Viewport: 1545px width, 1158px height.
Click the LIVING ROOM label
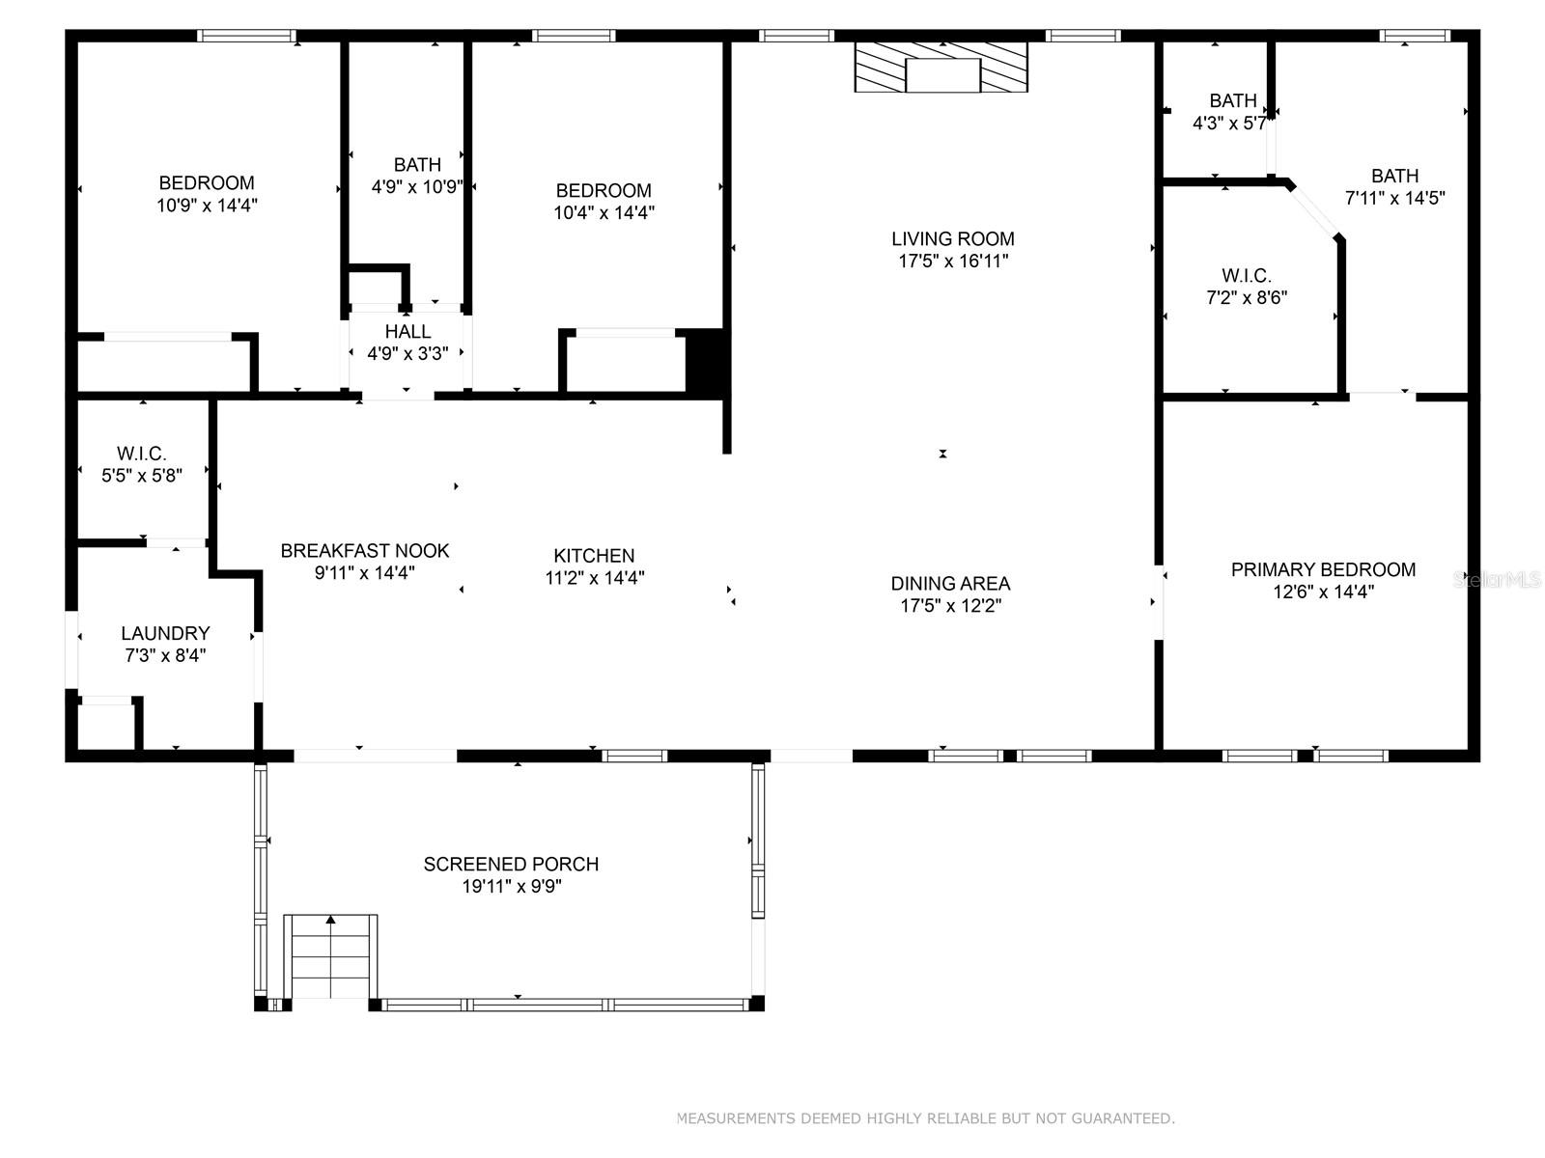click(x=952, y=239)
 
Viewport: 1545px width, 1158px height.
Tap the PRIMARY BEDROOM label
click(x=1323, y=569)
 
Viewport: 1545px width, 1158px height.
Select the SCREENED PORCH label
click(x=511, y=864)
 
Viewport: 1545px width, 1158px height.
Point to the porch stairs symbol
click(x=330, y=955)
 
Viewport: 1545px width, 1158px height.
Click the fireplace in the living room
click(x=941, y=67)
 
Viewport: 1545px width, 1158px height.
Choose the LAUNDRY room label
click(x=165, y=633)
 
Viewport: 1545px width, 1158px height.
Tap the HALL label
click(x=407, y=331)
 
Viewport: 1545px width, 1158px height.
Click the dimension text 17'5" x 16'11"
click(x=953, y=261)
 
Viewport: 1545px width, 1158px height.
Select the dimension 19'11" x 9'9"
click(x=511, y=886)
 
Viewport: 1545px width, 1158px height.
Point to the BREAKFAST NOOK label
click(x=365, y=550)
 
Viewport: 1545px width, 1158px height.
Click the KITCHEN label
click(x=594, y=556)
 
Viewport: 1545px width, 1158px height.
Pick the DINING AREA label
click(x=950, y=584)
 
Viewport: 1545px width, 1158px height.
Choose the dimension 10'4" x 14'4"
click(x=604, y=212)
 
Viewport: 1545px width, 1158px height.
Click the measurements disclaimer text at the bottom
click(x=926, y=1118)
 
